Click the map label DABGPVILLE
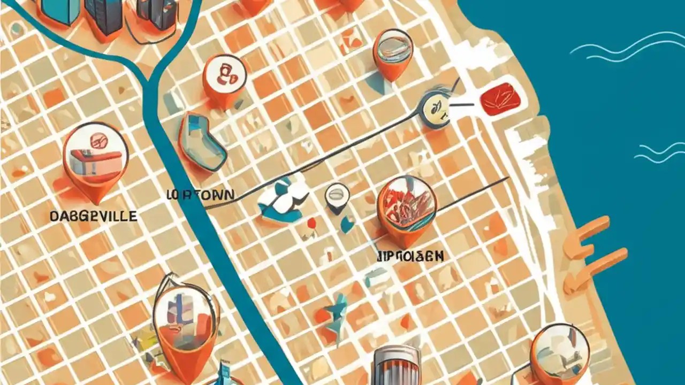tap(93, 216)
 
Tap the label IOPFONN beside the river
tap(200, 195)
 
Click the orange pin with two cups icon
tap(225, 79)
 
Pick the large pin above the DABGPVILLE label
tap(96, 158)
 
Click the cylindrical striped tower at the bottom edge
tap(397, 366)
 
